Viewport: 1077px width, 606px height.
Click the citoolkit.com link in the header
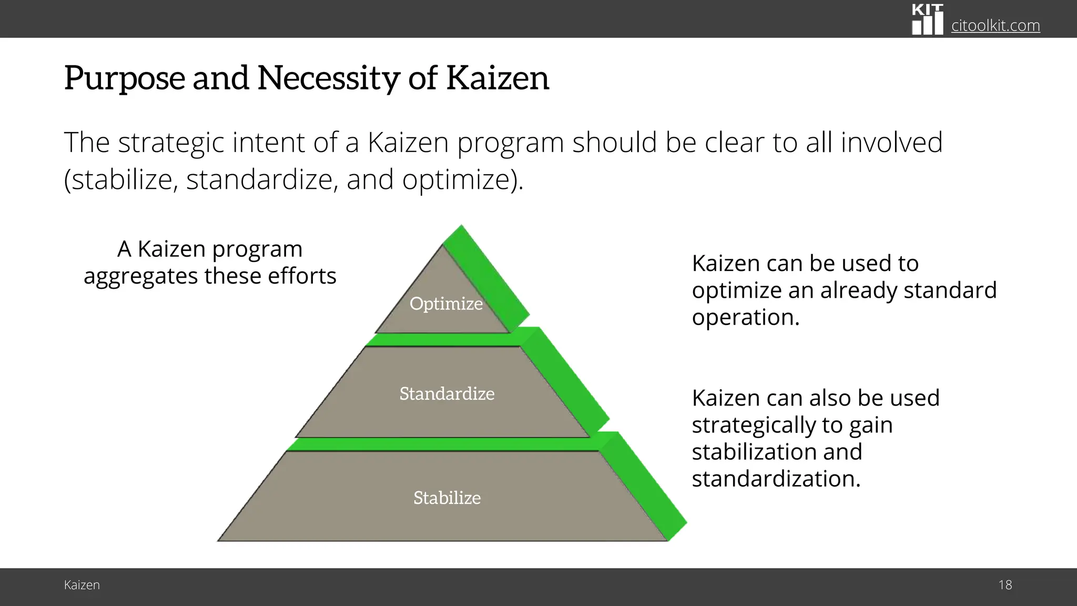[995, 25]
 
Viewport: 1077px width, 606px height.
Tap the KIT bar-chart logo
[927, 20]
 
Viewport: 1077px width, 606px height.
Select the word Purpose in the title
[124, 78]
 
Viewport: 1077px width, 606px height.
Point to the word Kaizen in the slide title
[497, 78]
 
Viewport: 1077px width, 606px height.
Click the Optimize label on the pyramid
[446, 304]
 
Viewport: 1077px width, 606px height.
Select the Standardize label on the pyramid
[446, 393]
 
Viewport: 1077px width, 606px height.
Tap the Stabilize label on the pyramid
[446, 498]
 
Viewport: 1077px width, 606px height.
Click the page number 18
[1005, 585]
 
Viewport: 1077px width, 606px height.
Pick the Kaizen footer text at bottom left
[82, 585]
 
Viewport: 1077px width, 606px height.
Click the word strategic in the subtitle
[170, 143]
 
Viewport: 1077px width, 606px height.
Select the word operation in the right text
[745, 317]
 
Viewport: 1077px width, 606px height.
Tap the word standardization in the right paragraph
[776, 479]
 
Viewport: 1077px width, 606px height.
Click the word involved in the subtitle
[891, 143]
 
